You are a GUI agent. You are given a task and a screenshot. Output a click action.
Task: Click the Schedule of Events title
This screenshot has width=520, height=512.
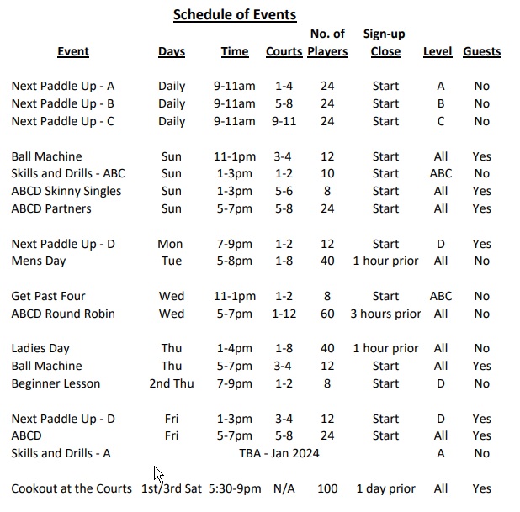pos(234,14)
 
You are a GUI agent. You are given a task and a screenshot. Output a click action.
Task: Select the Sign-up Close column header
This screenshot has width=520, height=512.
pos(385,43)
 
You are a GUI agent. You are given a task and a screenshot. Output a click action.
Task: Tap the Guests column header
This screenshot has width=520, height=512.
pos(481,51)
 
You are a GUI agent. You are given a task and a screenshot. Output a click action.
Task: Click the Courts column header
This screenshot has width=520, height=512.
pos(284,51)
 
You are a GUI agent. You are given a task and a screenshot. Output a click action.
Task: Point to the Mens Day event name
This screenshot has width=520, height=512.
pos(38,261)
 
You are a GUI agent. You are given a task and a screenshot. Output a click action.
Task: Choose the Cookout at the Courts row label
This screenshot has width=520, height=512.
pos(72,488)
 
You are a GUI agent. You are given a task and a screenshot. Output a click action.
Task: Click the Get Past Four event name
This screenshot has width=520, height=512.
pos(49,296)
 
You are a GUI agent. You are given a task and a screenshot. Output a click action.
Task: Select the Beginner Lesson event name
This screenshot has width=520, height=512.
pos(56,383)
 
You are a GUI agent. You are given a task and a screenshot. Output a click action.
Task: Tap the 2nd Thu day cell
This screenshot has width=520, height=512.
pos(171,383)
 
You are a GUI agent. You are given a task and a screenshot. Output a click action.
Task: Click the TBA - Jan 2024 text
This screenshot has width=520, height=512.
pos(279,453)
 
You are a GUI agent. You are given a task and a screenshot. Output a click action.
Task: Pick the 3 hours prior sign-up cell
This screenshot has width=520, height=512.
pos(385,314)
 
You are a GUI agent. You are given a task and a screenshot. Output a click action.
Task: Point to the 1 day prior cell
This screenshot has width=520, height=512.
pos(385,488)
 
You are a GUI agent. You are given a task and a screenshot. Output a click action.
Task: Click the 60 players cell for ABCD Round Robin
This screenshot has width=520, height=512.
pos(327,314)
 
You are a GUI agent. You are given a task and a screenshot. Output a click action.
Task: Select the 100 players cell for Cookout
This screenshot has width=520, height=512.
pos(327,488)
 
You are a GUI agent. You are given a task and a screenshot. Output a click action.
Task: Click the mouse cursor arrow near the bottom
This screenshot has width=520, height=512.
pos(158,473)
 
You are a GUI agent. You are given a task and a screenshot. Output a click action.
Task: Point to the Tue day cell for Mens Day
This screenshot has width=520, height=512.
pos(171,261)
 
